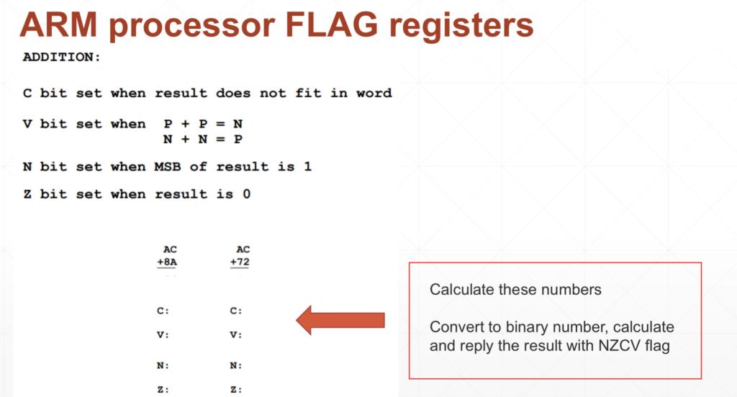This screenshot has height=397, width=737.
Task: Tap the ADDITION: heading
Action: click(x=62, y=57)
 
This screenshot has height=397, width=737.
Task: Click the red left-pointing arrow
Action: click(x=340, y=319)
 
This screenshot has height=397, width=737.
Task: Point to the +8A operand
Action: click(x=167, y=263)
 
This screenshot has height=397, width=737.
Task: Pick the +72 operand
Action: click(x=240, y=263)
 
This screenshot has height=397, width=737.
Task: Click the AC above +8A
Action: click(x=170, y=250)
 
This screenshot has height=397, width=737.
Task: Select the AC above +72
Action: click(x=243, y=250)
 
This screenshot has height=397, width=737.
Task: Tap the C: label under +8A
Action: click(x=163, y=311)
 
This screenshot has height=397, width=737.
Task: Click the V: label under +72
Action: click(x=235, y=335)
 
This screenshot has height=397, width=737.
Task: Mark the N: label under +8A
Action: click(x=163, y=365)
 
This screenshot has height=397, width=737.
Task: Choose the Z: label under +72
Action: click(x=235, y=390)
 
